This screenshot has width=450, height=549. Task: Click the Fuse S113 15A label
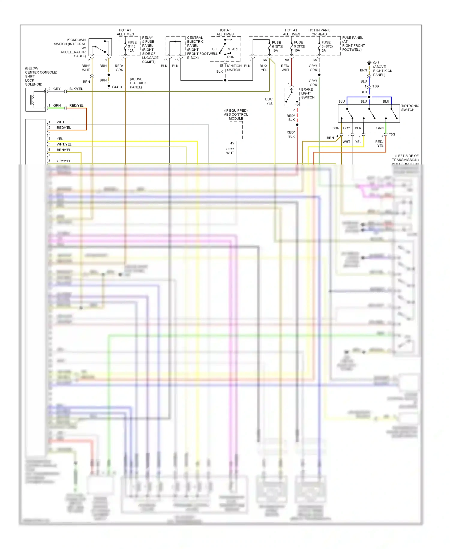coord(132,47)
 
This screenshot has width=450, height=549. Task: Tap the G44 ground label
coord(115,87)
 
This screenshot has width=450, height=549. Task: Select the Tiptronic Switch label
coord(410,108)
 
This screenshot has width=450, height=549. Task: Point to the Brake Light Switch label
coord(307,93)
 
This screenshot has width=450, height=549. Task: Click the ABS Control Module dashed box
coord(236,130)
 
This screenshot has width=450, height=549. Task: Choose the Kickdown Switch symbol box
coord(100,47)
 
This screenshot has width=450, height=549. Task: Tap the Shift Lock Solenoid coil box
coord(36,100)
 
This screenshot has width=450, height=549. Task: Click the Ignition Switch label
coord(234,68)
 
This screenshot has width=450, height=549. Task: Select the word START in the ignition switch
coord(233,49)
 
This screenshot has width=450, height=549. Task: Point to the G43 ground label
coord(376,63)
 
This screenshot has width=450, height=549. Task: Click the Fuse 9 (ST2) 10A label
coord(299,47)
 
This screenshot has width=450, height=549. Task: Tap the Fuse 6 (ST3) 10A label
coord(277,47)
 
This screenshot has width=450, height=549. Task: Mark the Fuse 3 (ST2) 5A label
coord(327,47)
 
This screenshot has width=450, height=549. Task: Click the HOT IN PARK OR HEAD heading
coord(319,32)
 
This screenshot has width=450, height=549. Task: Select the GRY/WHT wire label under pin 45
coord(230,151)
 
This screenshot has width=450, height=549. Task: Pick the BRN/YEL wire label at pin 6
coord(64,150)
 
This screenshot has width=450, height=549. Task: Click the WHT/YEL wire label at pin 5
coord(64,144)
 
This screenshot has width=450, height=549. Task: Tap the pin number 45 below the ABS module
coord(232,143)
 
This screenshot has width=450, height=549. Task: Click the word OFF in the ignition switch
coord(215,49)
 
